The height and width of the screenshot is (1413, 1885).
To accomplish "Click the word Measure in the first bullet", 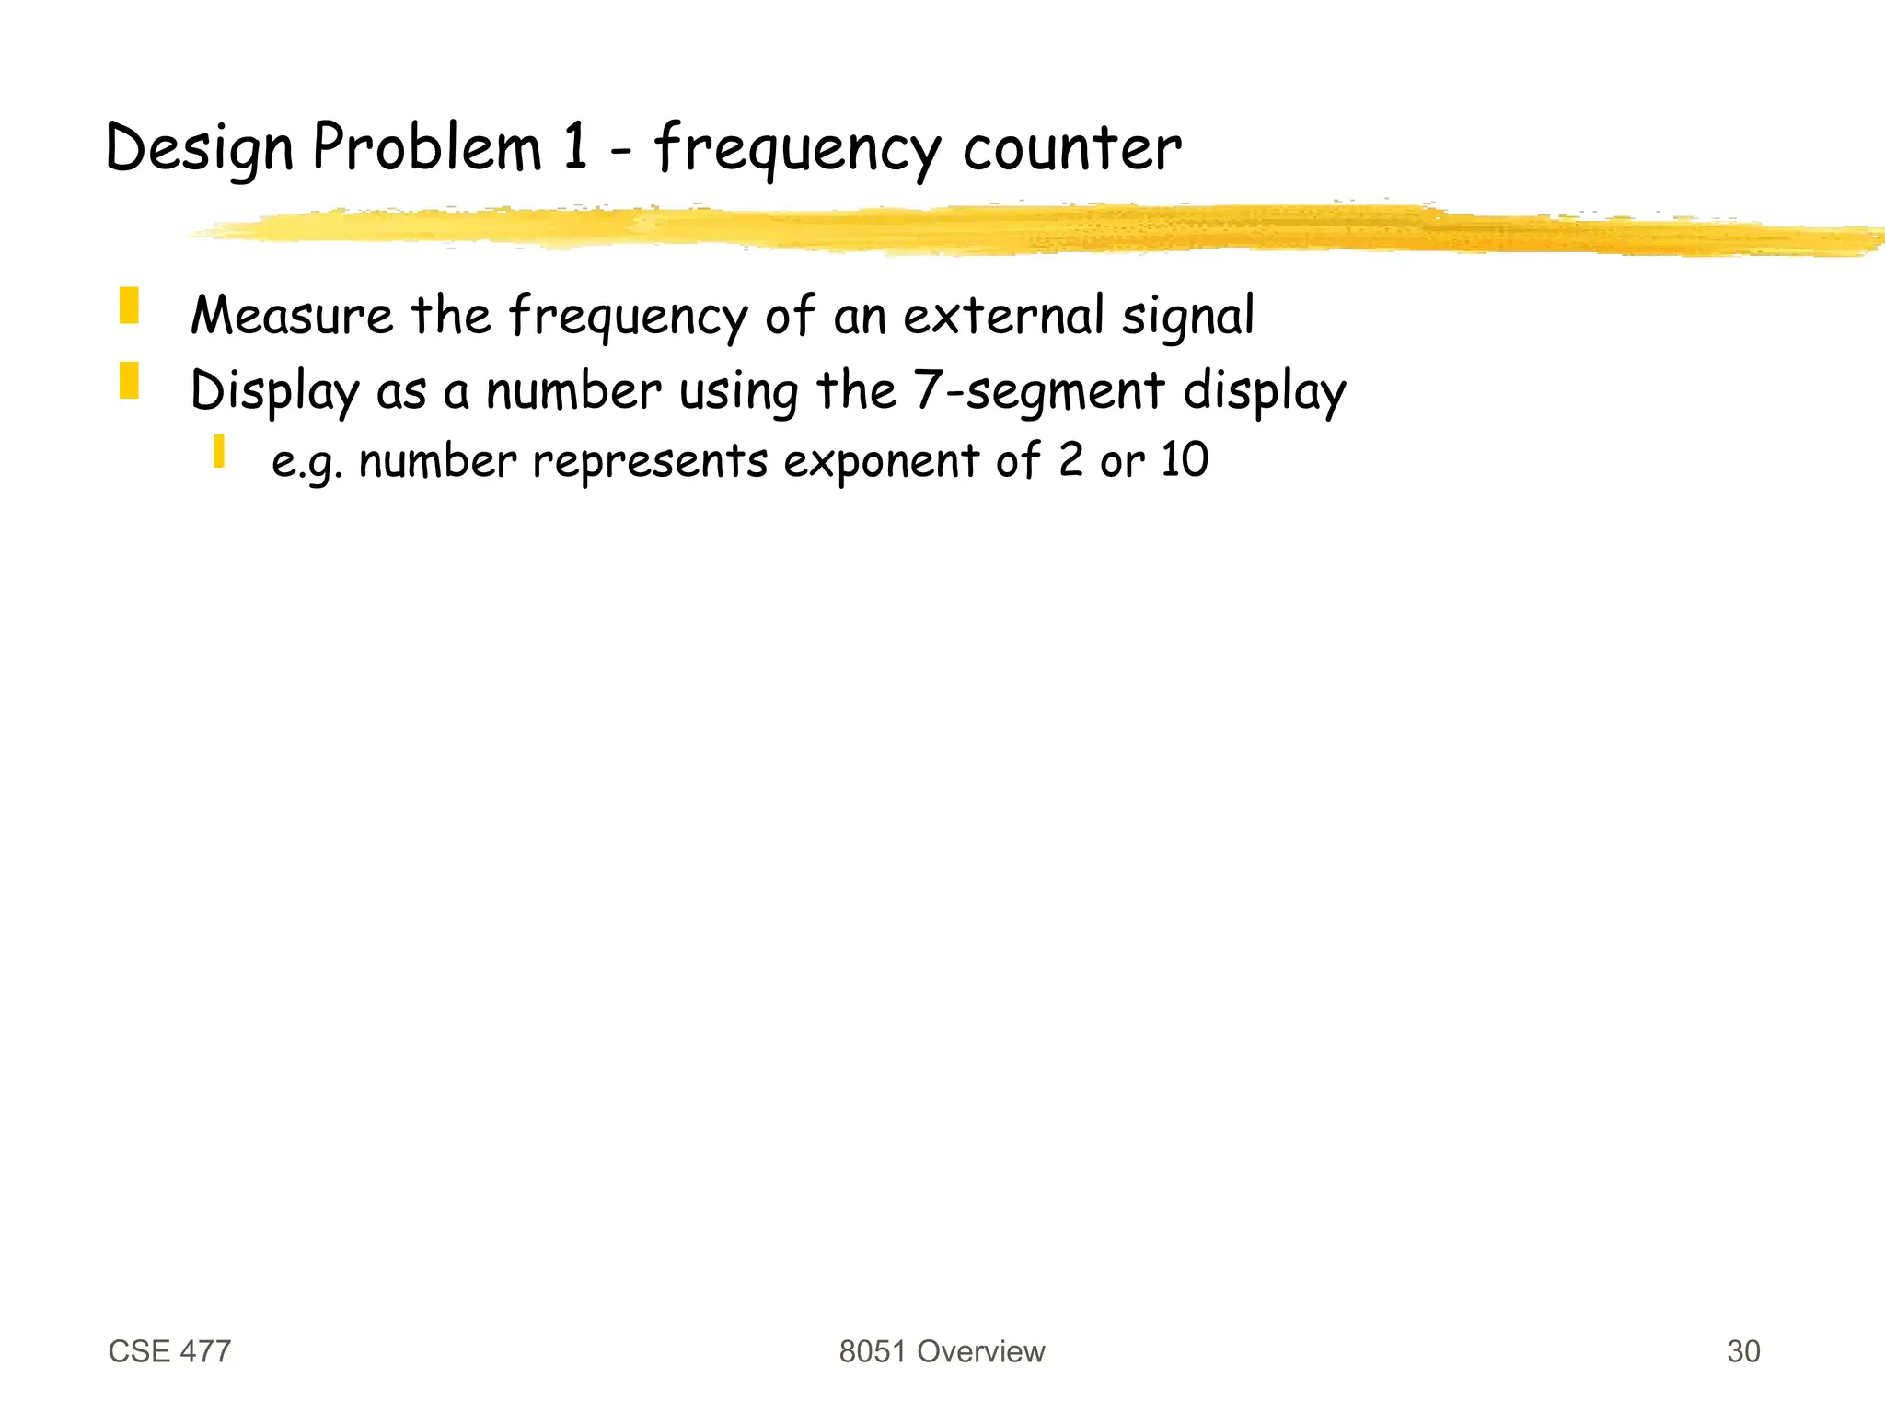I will (x=292, y=315).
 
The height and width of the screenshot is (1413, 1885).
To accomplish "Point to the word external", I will (x=1003, y=315).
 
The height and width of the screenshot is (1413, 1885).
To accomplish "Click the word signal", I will (x=1187, y=317).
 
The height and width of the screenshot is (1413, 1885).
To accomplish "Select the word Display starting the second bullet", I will (x=274, y=390).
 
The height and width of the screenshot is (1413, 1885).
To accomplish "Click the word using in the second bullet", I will (x=738, y=390).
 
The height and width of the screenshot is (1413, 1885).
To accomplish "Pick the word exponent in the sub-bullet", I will (x=881, y=460).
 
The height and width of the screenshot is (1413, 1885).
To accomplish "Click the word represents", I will (x=650, y=460).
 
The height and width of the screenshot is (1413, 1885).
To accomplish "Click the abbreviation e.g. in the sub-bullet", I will (x=307, y=462).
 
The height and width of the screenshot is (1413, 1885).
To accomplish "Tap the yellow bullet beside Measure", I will (x=129, y=306).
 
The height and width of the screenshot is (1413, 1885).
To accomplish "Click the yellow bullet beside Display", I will (x=129, y=380).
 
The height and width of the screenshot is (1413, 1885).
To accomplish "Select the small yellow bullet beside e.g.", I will (x=218, y=451).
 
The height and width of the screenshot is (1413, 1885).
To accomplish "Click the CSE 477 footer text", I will (x=169, y=1351).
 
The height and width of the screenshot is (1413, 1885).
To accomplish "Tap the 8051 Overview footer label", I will (x=942, y=1351).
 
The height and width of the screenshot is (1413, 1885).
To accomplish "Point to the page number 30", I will (x=1743, y=1351).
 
